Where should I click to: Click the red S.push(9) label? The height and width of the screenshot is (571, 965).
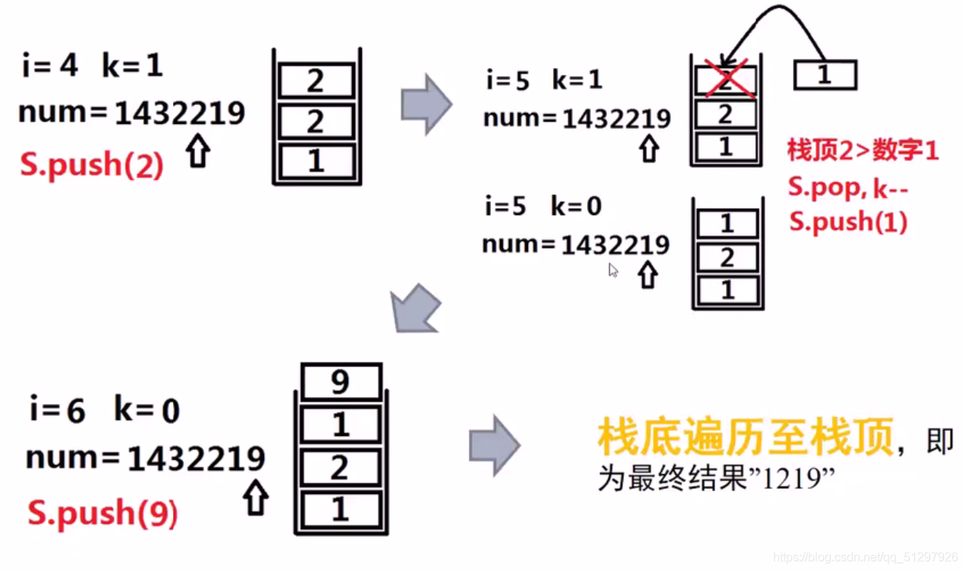pos(102,514)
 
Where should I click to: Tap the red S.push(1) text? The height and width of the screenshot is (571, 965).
pos(847,222)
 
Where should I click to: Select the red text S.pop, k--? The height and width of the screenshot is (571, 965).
pos(847,187)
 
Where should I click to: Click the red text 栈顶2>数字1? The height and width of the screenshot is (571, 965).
pos(863,150)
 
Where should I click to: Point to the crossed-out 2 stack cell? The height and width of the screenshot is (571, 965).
pos(725,79)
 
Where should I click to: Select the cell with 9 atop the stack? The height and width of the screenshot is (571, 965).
pos(340,381)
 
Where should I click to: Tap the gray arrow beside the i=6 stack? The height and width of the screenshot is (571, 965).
pos(494,445)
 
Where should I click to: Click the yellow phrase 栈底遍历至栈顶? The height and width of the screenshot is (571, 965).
pos(744,439)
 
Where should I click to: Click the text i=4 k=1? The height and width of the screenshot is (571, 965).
pos(92,66)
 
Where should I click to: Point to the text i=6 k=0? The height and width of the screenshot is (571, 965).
pos(104,411)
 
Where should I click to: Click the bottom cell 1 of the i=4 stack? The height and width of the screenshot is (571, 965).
pos(315,161)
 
